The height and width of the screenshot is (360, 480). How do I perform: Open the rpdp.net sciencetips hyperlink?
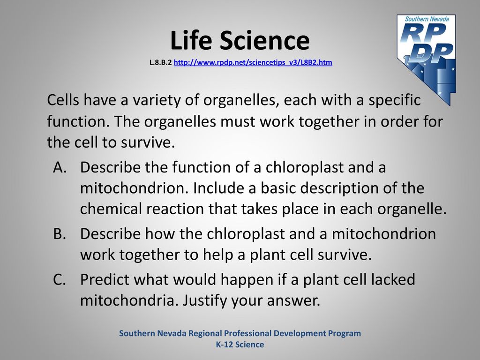click(x=253, y=62)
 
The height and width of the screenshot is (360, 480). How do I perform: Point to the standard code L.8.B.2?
click(x=160, y=62)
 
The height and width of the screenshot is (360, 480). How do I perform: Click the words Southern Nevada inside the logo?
click(x=427, y=19)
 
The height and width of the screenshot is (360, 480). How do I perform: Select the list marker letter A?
click(x=60, y=167)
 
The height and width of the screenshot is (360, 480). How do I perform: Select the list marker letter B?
click(x=60, y=234)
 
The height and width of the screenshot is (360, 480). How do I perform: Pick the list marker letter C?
click(x=60, y=279)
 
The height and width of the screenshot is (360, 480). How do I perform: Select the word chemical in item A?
click(x=111, y=209)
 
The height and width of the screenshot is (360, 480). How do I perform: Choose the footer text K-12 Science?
click(x=240, y=345)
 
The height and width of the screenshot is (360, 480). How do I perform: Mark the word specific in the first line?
click(x=395, y=100)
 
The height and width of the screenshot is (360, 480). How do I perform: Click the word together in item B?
click(x=149, y=255)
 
